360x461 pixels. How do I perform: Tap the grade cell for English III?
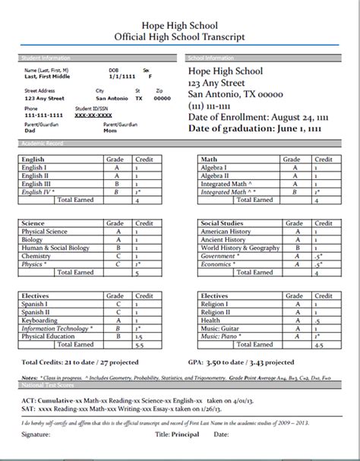coord(117,183)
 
